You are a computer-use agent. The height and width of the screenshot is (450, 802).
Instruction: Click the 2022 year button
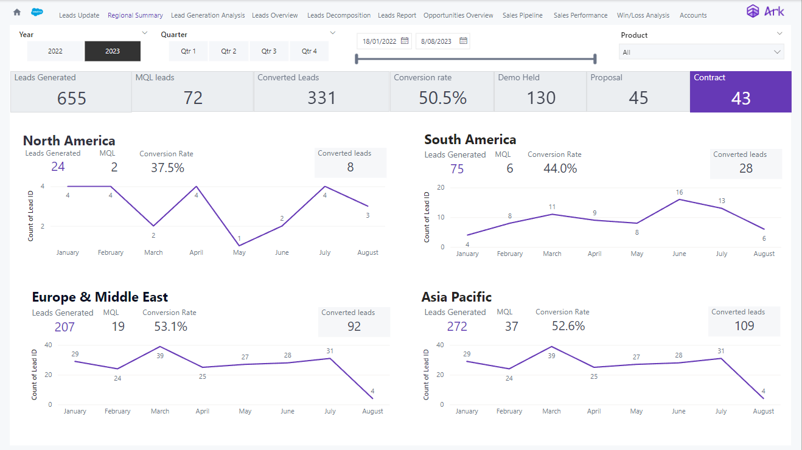coord(55,51)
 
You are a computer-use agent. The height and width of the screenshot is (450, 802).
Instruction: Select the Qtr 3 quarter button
coord(269,51)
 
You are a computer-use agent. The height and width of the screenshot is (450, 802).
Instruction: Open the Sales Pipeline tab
coord(522,15)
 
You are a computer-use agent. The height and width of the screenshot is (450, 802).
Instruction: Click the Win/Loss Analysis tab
coord(643,15)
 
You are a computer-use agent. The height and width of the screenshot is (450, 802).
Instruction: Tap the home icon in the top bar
coord(17,12)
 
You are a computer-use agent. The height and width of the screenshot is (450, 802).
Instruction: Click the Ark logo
coord(765,12)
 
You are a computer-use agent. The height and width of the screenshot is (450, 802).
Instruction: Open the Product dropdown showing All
coord(701,52)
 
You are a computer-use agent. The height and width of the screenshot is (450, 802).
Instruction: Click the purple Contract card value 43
coord(741,98)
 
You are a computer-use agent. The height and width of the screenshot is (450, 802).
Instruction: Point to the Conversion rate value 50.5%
coord(442,98)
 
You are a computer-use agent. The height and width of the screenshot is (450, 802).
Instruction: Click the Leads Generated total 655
coord(71,98)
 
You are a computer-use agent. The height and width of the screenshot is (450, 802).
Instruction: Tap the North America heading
coord(69,141)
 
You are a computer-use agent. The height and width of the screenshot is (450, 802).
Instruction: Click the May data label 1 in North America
coord(239,238)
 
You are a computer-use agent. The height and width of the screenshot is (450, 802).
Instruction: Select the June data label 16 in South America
coord(679,193)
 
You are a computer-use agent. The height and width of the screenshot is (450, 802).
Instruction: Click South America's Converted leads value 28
coord(745,168)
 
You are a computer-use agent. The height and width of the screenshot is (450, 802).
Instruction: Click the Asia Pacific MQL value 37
coord(511,327)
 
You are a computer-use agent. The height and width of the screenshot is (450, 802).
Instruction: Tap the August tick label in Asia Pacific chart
coord(763,411)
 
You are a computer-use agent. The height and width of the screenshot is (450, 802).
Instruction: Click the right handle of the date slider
coord(595,59)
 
